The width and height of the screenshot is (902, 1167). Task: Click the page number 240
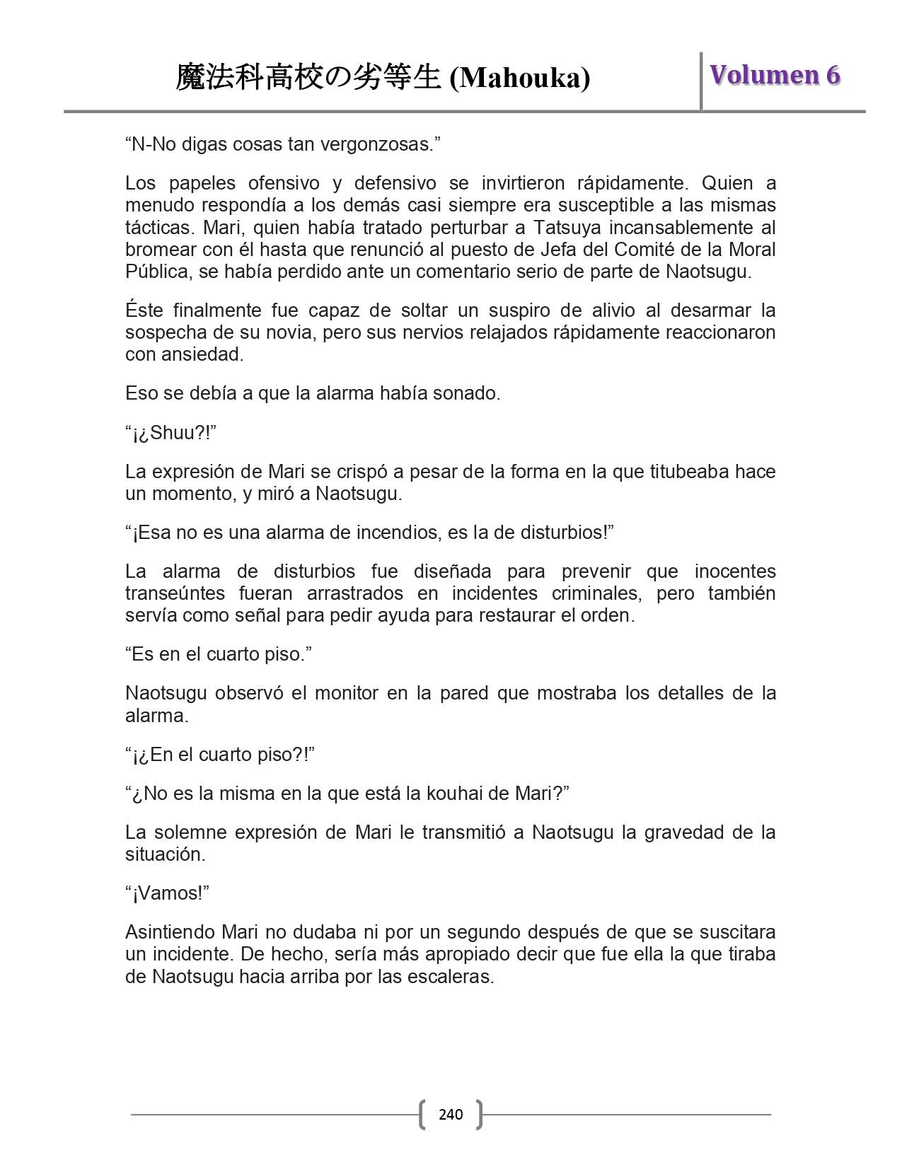point(451,1115)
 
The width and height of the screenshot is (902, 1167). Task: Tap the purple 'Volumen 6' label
point(775,75)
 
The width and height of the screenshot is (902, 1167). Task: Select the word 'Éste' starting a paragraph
point(144,310)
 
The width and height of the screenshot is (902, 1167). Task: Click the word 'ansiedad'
point(204,354)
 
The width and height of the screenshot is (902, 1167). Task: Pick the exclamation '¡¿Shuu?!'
point(171,432)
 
